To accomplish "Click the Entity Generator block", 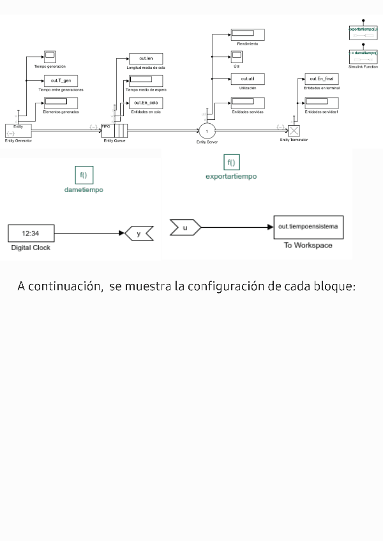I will tap(18, 130).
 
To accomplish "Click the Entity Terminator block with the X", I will tap(294, 131).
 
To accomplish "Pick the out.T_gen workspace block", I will tap(60, 80).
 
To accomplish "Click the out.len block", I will tap(146, 59).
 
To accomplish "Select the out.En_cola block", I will tap(146, 102).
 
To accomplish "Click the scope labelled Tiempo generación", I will tap(50, 56).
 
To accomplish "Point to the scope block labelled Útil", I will tap(236, 57).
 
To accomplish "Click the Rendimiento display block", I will tap(243, 34).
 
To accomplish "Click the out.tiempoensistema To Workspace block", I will tap(308, 226).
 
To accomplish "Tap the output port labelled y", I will tap(138, 234).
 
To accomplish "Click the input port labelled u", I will tap(185, 226).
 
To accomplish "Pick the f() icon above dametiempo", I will tap(84, 175).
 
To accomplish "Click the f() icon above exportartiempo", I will tap(231, 162).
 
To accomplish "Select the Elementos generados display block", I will tap(57, 102).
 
